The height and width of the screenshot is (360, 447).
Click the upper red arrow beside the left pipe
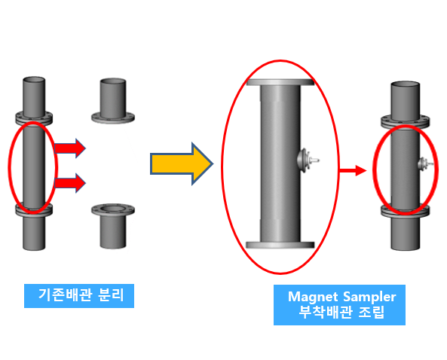point(70,148)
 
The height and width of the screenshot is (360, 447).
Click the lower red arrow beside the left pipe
point(70,183)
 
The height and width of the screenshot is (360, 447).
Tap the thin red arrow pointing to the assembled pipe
point(353,171)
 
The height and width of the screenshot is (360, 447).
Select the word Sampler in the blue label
point(369,297)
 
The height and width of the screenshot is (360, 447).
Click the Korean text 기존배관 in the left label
point(66,294)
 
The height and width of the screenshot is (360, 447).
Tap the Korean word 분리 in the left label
point(111,294)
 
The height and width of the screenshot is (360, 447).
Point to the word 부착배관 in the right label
point(325,312)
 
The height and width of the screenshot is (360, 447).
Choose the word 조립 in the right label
point(371,312)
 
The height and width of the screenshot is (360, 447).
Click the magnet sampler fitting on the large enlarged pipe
point(308,160)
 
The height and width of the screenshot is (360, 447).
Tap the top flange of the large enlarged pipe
point(280,82)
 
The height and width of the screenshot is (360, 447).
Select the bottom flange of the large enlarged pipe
point(280,245)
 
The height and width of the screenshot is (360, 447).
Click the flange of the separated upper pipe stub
point(113,117)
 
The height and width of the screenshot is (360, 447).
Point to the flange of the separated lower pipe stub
point(113,210)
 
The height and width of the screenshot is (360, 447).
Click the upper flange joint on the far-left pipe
point(34,118)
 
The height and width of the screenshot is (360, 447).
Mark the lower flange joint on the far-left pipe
point(34,210)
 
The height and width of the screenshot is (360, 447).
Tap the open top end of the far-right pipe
point(405,84)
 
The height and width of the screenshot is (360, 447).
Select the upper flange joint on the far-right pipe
point(405,121)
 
